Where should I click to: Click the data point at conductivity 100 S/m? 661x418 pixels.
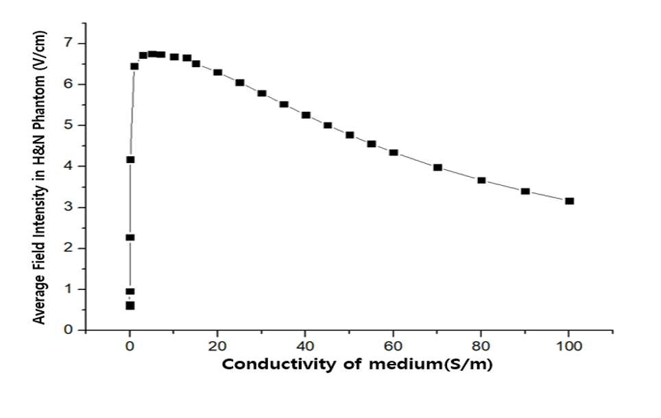pyautogui.click(x=570, y=201)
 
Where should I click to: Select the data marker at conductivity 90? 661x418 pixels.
pyautogui.click(x=525, y=191)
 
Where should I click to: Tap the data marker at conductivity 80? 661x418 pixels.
pyautogui.click(x=481, y=180)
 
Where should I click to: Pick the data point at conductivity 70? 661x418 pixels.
pyautogui.click(x=437, y=168)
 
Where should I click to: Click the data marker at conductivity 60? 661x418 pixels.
pyautogui.click(x=394, y=153)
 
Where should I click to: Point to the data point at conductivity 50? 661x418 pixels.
pyautogui.click(x=350, y=135)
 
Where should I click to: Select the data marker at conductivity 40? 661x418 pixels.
pyautogui.click(x=306, y=115)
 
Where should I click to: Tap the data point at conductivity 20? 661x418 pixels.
pyautogui.click(x=218, y=73)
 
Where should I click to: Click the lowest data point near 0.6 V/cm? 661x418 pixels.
pyautogui.click(x=130, y=306)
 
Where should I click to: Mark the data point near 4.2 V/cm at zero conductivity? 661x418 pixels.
pyautogui.click(x=130, y=160)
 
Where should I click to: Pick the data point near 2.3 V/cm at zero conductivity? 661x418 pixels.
pyautogui.click(x=130, y=238)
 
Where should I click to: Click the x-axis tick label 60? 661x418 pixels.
pyautogui.click(x=393, y=346)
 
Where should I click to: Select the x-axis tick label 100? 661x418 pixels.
pyautogui.click(x=568, y=346)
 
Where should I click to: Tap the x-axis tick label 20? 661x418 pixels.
pyautogui.click(x=217, y=346)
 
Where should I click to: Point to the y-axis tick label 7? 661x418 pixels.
pyautogui.click(x=69, y=43)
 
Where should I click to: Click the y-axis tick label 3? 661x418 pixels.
pyautogui.click(x=69, y=208)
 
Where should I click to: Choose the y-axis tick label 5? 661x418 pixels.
pyautogui.click(x=69, y=125)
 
